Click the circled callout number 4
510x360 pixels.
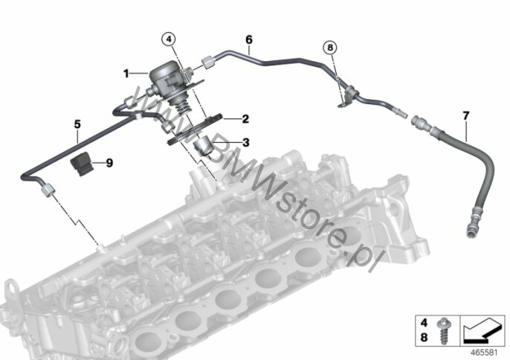point(168,39)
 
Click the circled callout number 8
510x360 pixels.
point(330,48)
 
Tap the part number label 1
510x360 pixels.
point(126,74)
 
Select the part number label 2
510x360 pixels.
point(245,119)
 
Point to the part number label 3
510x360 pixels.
point(246,142)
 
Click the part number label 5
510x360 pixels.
point(77,124)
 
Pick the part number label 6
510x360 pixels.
point(249,39)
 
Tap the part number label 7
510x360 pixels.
point(465,115)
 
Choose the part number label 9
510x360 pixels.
point(109,162)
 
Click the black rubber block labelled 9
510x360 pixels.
point(81,164)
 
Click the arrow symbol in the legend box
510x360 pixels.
point(481,332)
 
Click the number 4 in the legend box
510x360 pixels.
point(424,323)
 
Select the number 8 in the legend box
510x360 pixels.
point(424,337)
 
